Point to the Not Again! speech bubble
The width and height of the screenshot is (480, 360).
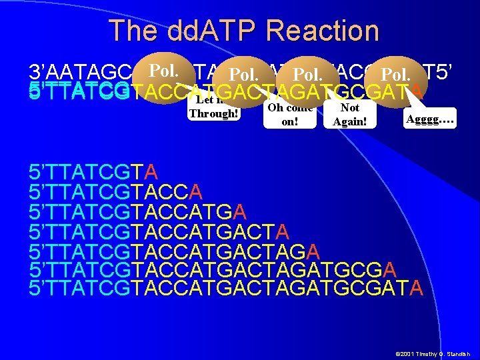pyautogui.click(x=349, y=114)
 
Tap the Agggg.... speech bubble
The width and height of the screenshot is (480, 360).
pyautogui.click(x=430, y=118)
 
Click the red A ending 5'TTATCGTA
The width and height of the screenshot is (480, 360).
pyautogui.click(x=151, y=172)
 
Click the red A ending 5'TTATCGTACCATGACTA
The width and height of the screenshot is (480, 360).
pyautogui.click(x=282, y=231)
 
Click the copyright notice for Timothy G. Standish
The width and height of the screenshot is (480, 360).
pyautogui.click(x=433, y=353)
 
